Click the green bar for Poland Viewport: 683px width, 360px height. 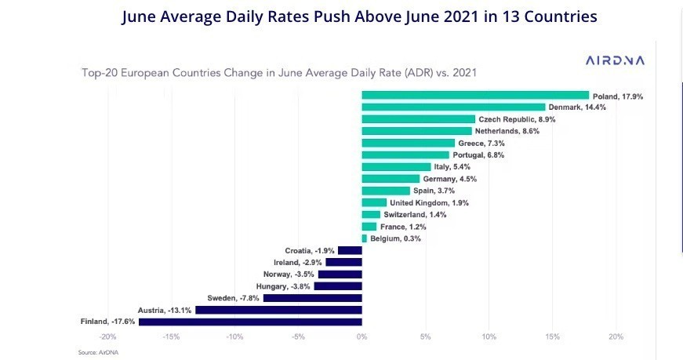click(475, 95)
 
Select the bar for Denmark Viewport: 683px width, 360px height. click(453, 107)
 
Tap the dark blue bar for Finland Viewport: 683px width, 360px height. click(250, 322)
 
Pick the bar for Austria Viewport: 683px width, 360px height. click(278, 310)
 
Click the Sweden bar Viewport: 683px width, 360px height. click(312, 298)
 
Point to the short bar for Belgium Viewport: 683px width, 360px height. click(364, 238)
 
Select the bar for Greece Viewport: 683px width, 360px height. click(408, 143)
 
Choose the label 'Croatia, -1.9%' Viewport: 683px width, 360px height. click(309, 250)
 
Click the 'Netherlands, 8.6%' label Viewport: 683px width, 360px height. click(507, 131)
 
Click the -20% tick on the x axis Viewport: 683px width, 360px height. click(108, 337)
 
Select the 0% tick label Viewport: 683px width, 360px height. click(361, 337)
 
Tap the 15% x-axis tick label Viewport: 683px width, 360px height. click(552, 337)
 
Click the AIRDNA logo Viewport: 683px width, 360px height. click(615, 60)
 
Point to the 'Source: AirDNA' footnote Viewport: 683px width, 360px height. click(97, 353)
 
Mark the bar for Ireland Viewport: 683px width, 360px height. click(343, 262)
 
